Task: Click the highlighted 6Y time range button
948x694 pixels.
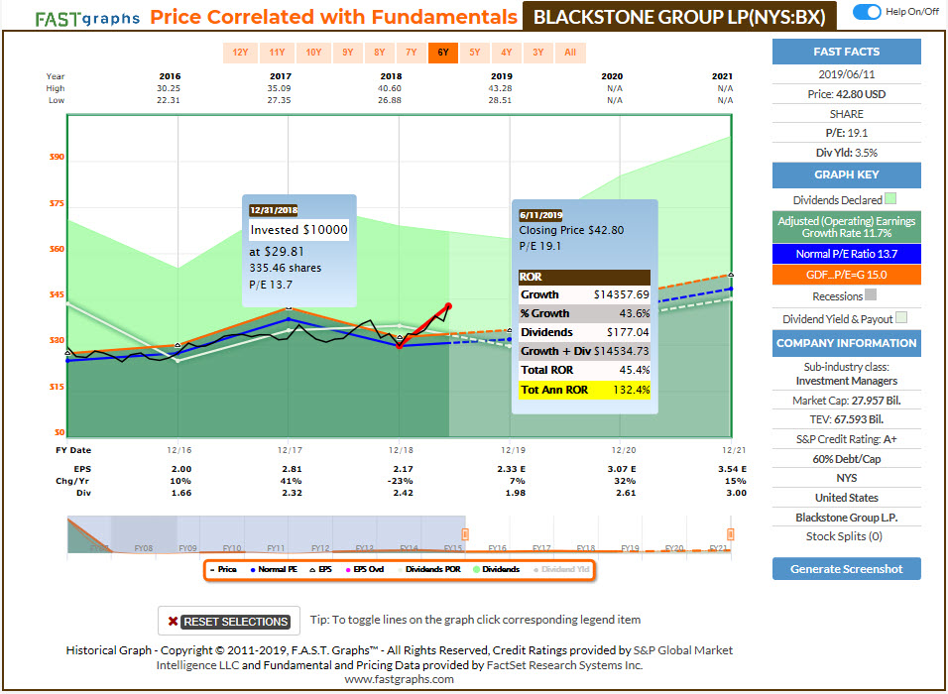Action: coord(442,53)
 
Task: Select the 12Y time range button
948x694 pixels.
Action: coord(241,53)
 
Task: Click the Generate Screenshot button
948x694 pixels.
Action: coord(846,569)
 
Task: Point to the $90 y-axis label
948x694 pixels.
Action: coord(56,157)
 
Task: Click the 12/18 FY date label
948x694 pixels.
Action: coord(400,451)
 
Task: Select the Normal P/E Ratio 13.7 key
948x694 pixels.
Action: coord(846,254)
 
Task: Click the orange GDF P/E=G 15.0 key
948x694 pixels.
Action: coord(846,274)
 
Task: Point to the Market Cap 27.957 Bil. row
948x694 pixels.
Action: coord(846,400)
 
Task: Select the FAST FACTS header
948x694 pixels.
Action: coord(846,52)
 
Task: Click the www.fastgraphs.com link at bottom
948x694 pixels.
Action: coord(399,679)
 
